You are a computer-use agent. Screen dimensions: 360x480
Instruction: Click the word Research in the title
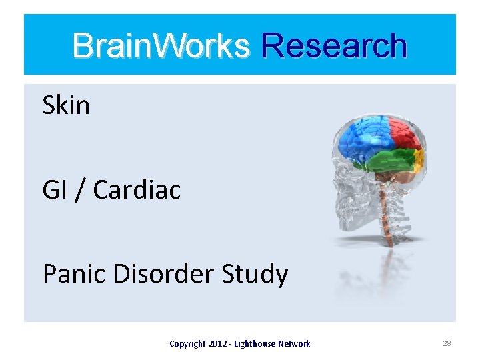[x=334, y=46]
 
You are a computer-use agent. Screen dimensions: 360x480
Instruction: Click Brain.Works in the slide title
[x=161, y=46]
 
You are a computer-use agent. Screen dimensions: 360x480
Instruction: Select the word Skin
[x=65, y=105]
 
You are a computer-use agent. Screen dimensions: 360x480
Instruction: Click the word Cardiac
[x=137, y=190]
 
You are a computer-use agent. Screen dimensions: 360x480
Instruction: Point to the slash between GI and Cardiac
[x=80, y=191]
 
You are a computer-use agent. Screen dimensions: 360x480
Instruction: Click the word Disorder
[x=161, y=274]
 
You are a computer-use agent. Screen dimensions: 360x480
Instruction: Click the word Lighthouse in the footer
[x=255, y=344]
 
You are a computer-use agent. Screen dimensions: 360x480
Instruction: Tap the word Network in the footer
[x=295, y=344]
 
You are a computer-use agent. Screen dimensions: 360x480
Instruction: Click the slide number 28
[x=447, y=343]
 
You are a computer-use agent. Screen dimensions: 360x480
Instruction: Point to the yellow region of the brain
[x=419, y=159]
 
